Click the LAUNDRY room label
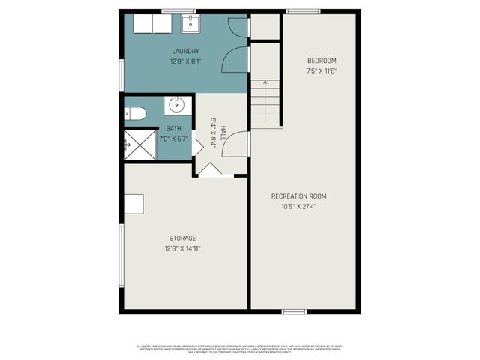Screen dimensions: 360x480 (184, 51)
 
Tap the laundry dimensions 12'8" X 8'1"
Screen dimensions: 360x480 (184, 61)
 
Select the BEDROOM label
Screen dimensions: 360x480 (322, 61)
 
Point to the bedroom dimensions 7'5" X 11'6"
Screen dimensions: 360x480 (322, 71)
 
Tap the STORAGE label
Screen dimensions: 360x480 (183, 238)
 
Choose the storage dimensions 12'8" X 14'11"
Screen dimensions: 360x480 (183, 248)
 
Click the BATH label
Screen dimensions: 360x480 (173, 129)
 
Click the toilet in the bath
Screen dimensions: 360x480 (134, 114)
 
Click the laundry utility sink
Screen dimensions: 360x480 (190, 23)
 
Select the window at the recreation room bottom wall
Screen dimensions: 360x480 (294, 310)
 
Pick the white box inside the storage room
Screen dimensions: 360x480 (133, 204)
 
